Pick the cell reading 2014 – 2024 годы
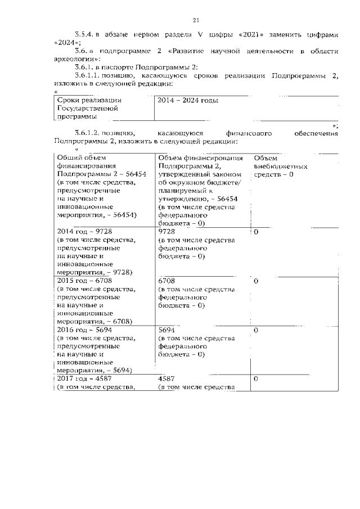click(x=188, y=100)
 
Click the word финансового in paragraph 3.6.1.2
click(x=249, y=133)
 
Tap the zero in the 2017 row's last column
click(x=256, y=380)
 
